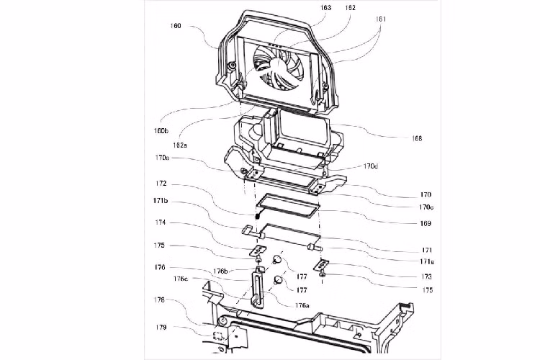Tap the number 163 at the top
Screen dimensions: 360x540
326,8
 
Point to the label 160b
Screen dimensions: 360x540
159,131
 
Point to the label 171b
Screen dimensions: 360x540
159,200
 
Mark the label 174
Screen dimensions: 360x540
159,222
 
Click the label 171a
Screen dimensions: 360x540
427,262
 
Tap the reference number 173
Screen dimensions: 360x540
427,276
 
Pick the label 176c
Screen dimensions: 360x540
180,279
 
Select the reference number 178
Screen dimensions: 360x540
159,299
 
